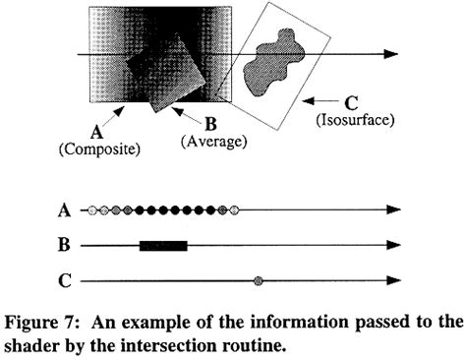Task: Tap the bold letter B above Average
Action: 210,125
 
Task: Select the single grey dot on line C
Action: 259,282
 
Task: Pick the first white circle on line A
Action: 91,210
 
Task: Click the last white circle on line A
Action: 233,210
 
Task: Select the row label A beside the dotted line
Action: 65,210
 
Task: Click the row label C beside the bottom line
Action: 65,282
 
